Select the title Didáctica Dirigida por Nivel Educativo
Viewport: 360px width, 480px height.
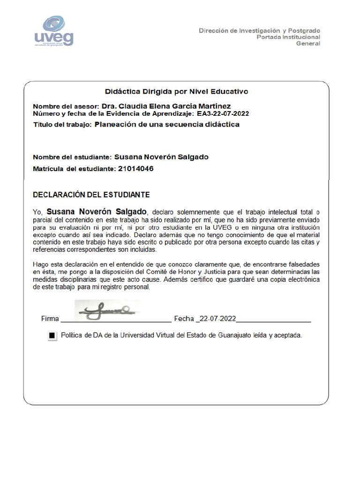[176, 91]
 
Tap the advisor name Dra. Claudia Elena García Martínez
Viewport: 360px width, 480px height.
[166, 106]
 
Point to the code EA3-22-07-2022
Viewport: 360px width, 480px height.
[223, 113]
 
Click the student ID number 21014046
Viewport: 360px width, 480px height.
[134, 169]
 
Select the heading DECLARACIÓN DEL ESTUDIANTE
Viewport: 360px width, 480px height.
[91, 194]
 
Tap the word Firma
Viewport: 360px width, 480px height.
[50, 319]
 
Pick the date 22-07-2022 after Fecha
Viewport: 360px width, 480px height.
[217, 319]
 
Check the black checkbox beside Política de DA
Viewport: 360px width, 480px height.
[52, 336]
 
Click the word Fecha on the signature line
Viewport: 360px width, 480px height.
[184, 319]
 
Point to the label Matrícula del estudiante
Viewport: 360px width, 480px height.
[73, 169]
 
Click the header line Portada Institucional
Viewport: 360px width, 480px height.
[288, 37]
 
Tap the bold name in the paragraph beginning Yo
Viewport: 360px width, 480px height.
[97, 211]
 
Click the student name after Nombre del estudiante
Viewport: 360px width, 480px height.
[161, 157]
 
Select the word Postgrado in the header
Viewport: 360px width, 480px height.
[304, 30]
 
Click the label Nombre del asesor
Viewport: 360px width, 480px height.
[66, 106]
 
